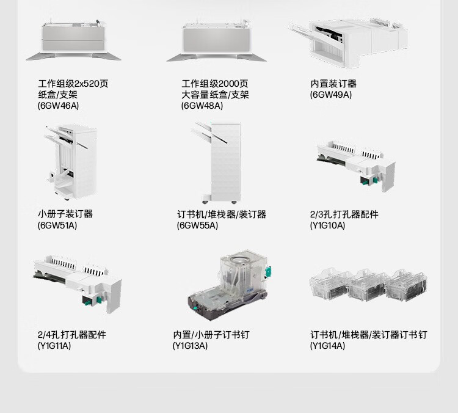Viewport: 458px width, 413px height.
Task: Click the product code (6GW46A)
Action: (x=58, y=106)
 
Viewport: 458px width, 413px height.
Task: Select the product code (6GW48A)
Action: (x=202, y=106)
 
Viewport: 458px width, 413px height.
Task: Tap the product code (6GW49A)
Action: (x=330, y=95)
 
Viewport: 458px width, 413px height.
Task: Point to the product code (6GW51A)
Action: (x=57, y=225)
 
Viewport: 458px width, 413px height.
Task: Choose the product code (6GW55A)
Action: (x=197, y=225)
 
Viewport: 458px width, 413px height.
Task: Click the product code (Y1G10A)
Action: (x=327, y=225)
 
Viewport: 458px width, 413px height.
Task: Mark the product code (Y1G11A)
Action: (x=54, y=346)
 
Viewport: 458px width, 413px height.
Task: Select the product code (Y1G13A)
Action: (x=190, y=346)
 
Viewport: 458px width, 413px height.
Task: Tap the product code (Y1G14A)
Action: (x=327, y=346)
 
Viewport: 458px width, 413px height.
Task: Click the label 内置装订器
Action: (x=333, y=84)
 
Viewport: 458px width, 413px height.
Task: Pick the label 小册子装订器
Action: (x=65, y=214)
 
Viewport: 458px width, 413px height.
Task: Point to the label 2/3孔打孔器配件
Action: (x=344, y=214)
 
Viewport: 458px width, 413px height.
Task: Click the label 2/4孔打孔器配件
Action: (x=71, y=334)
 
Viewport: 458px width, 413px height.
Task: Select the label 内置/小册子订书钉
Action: (x=211, y=334)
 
